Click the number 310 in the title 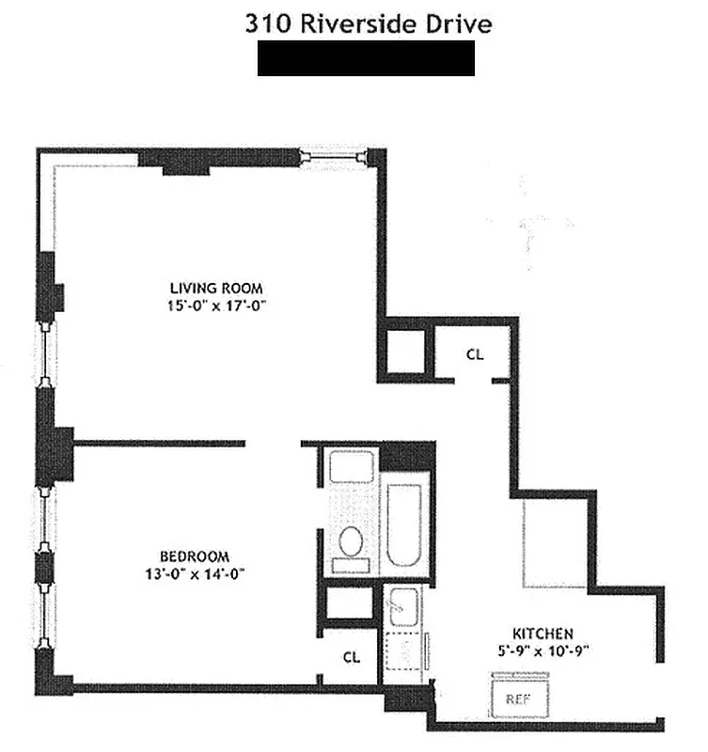(x=265, y=23)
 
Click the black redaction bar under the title (x=366, y=58)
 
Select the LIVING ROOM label (x=215, y=288)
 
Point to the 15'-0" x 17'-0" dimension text (x=215, y=305)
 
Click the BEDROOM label (x=194, y=556)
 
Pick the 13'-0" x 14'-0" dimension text (x=195, y=573)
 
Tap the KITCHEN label (x=543, y=633)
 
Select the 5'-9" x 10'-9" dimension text (x=543, y=649)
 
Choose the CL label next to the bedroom (x=351, y=657)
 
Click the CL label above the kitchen (x=476, y=354)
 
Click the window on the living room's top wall (x=333, y=157)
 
